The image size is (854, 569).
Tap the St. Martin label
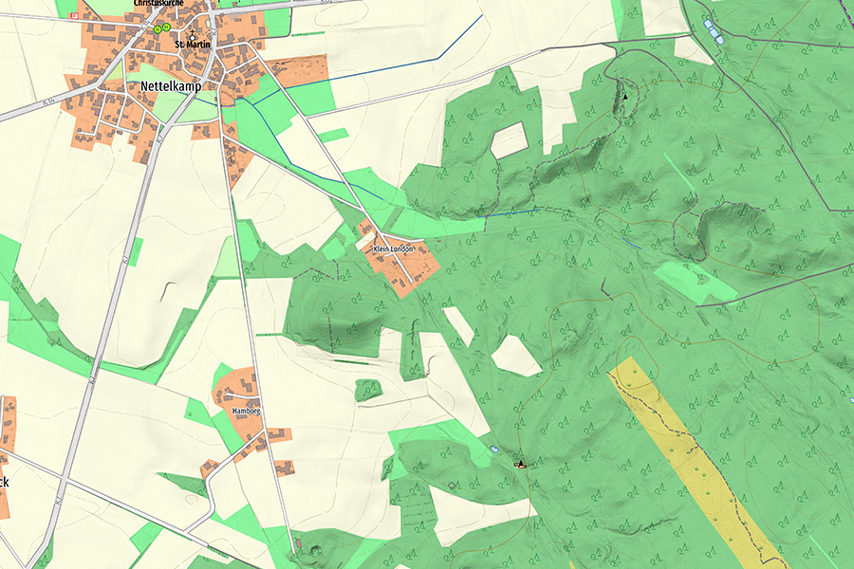(x=192, y=44)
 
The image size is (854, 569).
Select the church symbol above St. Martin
(x=192, y=32)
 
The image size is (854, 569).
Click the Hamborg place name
(x=245, y=411)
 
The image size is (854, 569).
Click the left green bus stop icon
(x=157, y=29)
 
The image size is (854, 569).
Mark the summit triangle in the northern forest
(x=625, y=96)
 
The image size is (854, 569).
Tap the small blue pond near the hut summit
(x=494, y=448)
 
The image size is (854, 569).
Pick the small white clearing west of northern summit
(x=510, y=140)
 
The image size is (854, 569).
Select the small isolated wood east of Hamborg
(x=368, y=390)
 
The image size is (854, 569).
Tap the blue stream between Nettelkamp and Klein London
(x=323, y=175)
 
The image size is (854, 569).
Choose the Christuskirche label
(x=159, y=4)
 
